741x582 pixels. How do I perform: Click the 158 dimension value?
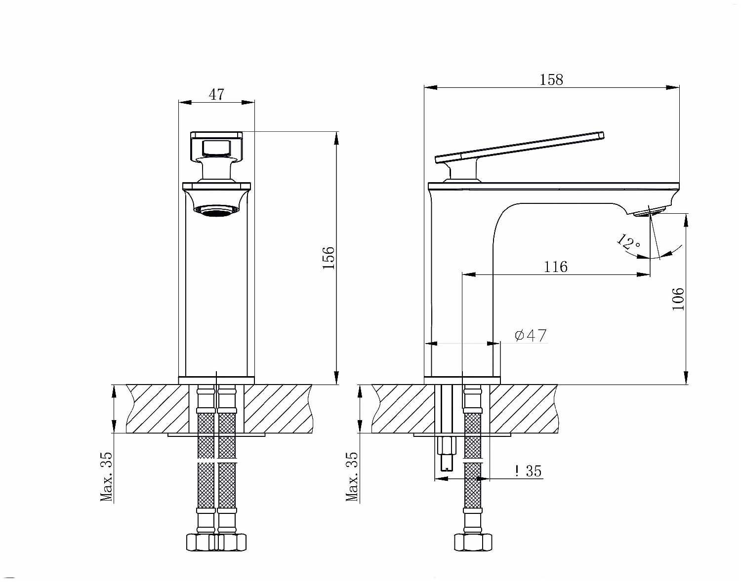[551, 79]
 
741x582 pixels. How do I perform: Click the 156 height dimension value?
[329, 257]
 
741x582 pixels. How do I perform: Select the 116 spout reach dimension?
[556, 267]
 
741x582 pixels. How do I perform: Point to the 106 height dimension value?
[678, 299]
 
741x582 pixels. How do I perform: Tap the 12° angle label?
[628, 242]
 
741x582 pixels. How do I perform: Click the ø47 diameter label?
[531, 336]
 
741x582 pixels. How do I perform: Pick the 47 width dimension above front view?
[216, 94]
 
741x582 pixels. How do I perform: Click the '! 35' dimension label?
[528, 471]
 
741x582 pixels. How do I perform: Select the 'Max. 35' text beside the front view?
[107, 477]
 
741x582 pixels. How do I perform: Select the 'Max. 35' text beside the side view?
[352, 477]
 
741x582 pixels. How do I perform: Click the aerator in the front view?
[216, 211]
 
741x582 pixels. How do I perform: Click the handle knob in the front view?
[216, 147]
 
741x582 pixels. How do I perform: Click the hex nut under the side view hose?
[473, 542]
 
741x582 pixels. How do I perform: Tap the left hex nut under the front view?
[199, 542]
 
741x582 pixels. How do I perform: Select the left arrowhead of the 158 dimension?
[431, 88]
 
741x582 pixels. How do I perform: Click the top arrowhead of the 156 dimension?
[336, 138]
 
